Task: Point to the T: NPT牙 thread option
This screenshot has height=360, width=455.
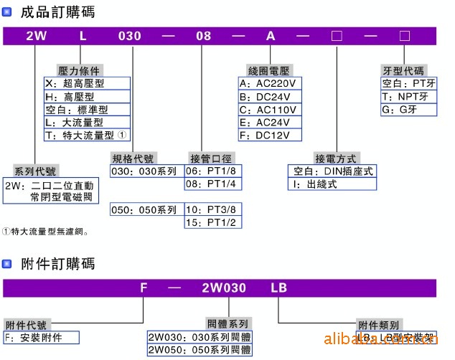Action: point(408,96)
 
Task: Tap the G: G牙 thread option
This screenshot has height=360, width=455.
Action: point(408,109)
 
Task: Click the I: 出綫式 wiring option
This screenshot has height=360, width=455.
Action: point(332,184)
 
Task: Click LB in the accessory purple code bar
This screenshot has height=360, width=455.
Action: point(278,288)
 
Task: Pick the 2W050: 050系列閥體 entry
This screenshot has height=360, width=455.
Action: point(200,350)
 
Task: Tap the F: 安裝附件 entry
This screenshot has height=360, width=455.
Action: point(40,337)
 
